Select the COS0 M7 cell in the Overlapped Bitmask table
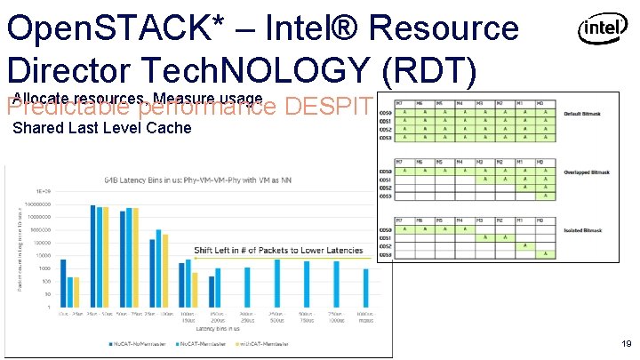coord(405,171)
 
